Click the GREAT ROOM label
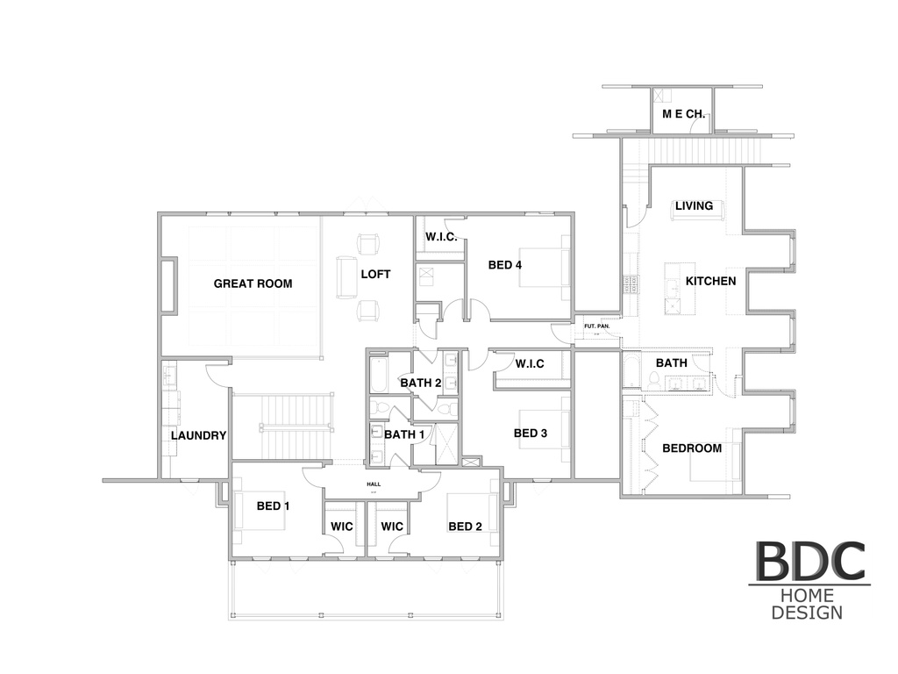(x=253, y=283)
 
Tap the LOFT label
(x=375, y=274)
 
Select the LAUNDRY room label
(x=199, y=435)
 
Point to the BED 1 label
(x=269, y=505)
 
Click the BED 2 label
(x=465, y=527)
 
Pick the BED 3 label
(x=531, y=433)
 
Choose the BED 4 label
(x=505, y=265)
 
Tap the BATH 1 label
(x=404, y=434)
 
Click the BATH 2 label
(x=420, y=383)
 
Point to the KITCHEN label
(x=710, y=281)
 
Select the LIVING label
(x=694, y=206)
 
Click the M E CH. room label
(x=684, y=114)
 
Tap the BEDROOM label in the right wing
(x=692, y=448)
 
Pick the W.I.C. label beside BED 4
(x=440, y=237)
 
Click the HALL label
(x=373, y=484)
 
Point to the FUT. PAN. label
(x=596, y=327)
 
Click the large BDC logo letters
(x=809, y=562)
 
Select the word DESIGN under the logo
(x=807, y=612)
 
